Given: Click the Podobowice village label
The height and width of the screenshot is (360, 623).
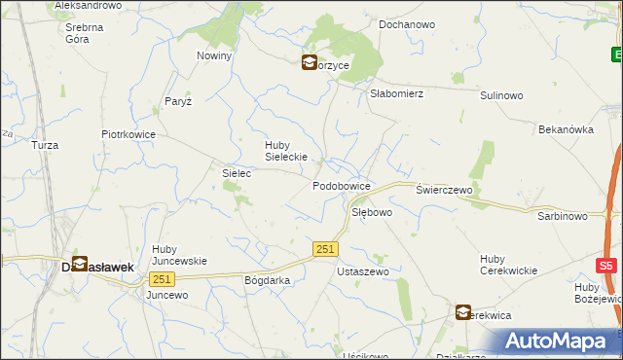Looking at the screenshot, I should pyautogui.click(x=341, y=185).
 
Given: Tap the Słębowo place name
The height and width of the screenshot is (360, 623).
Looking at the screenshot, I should pyautogui.click(x=371, y=211).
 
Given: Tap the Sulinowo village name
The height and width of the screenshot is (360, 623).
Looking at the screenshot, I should pyautogui.click(x=502, y=95).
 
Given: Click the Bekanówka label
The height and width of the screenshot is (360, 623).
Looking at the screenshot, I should pyautogui.click(x=566, y=128).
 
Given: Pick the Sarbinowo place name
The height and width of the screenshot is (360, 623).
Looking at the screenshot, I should pyautogui.click(x=563, y=216).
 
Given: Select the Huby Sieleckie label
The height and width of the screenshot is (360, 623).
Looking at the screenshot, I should pyautogui.click(x=286, y=151).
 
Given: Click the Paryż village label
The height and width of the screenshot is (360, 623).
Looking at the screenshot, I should pyautogui.click(x=178, y=101).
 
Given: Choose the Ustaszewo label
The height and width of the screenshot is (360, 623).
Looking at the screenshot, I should pyautogui.click(x=362, y=271).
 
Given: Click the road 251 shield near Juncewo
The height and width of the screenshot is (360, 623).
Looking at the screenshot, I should pyautogui.click(x=160, y=278).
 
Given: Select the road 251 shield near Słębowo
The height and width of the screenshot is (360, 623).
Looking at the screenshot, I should pyautogui.click(x=326, y=250).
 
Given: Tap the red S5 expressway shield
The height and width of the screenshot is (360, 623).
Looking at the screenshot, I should pyautogui.click(x=606, y=265).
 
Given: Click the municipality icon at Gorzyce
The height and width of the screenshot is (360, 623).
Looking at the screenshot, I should pyautogui.click(x=309, y=63).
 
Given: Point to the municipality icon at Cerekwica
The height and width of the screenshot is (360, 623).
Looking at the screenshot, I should pyautogui.click(x=462, y=312).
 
